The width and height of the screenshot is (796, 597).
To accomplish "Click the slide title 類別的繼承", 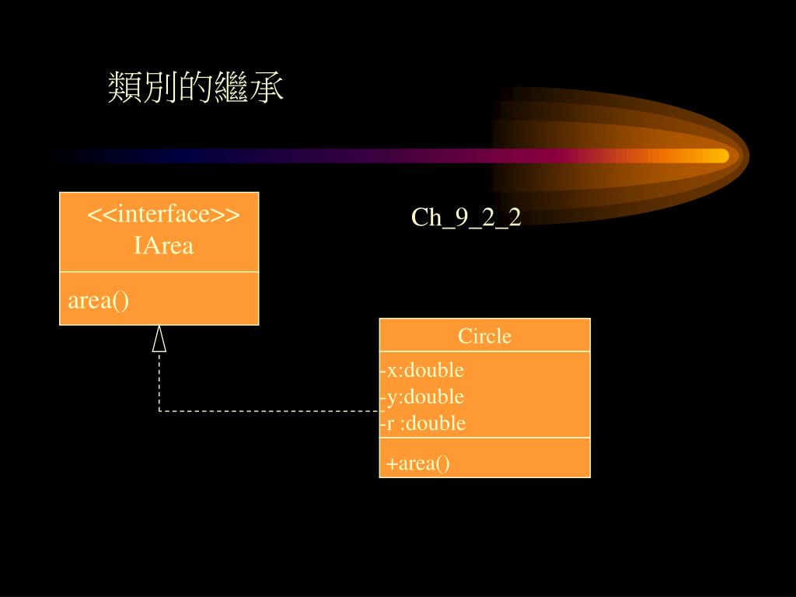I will pos(196,89).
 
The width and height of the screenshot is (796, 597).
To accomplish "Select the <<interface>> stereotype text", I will pos(162,214).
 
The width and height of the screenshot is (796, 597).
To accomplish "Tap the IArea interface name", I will pos(163,246).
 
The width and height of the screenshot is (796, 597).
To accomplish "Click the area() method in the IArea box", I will pos(99,301).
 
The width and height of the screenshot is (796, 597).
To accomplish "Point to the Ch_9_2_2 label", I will pos(466,218).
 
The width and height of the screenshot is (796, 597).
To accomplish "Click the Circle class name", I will pos(484,336).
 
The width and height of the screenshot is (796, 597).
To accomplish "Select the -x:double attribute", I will pos(422,370).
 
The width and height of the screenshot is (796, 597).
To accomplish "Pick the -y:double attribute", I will pos(422,396).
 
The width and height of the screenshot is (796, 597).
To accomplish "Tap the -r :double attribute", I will pos(423,423).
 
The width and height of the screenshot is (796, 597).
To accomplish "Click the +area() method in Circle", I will pos(418,464).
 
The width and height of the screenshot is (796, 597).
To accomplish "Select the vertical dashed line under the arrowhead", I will pos(159,381).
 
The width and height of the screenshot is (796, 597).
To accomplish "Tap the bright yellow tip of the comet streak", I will pos(719,155).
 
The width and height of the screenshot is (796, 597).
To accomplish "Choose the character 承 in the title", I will pos(267,89).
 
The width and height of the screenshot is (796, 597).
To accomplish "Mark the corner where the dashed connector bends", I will pos(159,410).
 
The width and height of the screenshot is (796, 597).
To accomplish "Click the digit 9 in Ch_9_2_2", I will pos(462,218).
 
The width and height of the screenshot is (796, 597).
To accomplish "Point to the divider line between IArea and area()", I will pos(159,272).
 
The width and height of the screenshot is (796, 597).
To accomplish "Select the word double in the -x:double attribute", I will pos(435,370).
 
